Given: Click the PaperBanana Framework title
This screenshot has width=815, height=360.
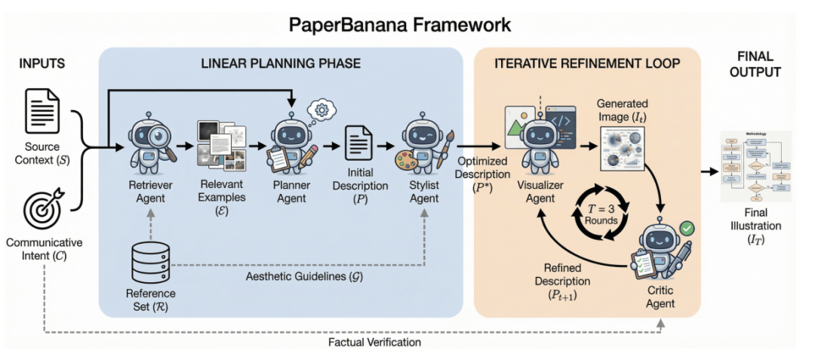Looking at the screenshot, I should [x=400, y=24].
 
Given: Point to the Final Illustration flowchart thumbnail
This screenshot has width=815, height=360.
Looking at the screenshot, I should [x=755, y=167].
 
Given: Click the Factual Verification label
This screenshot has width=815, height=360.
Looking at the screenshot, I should [x=375, y=343].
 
